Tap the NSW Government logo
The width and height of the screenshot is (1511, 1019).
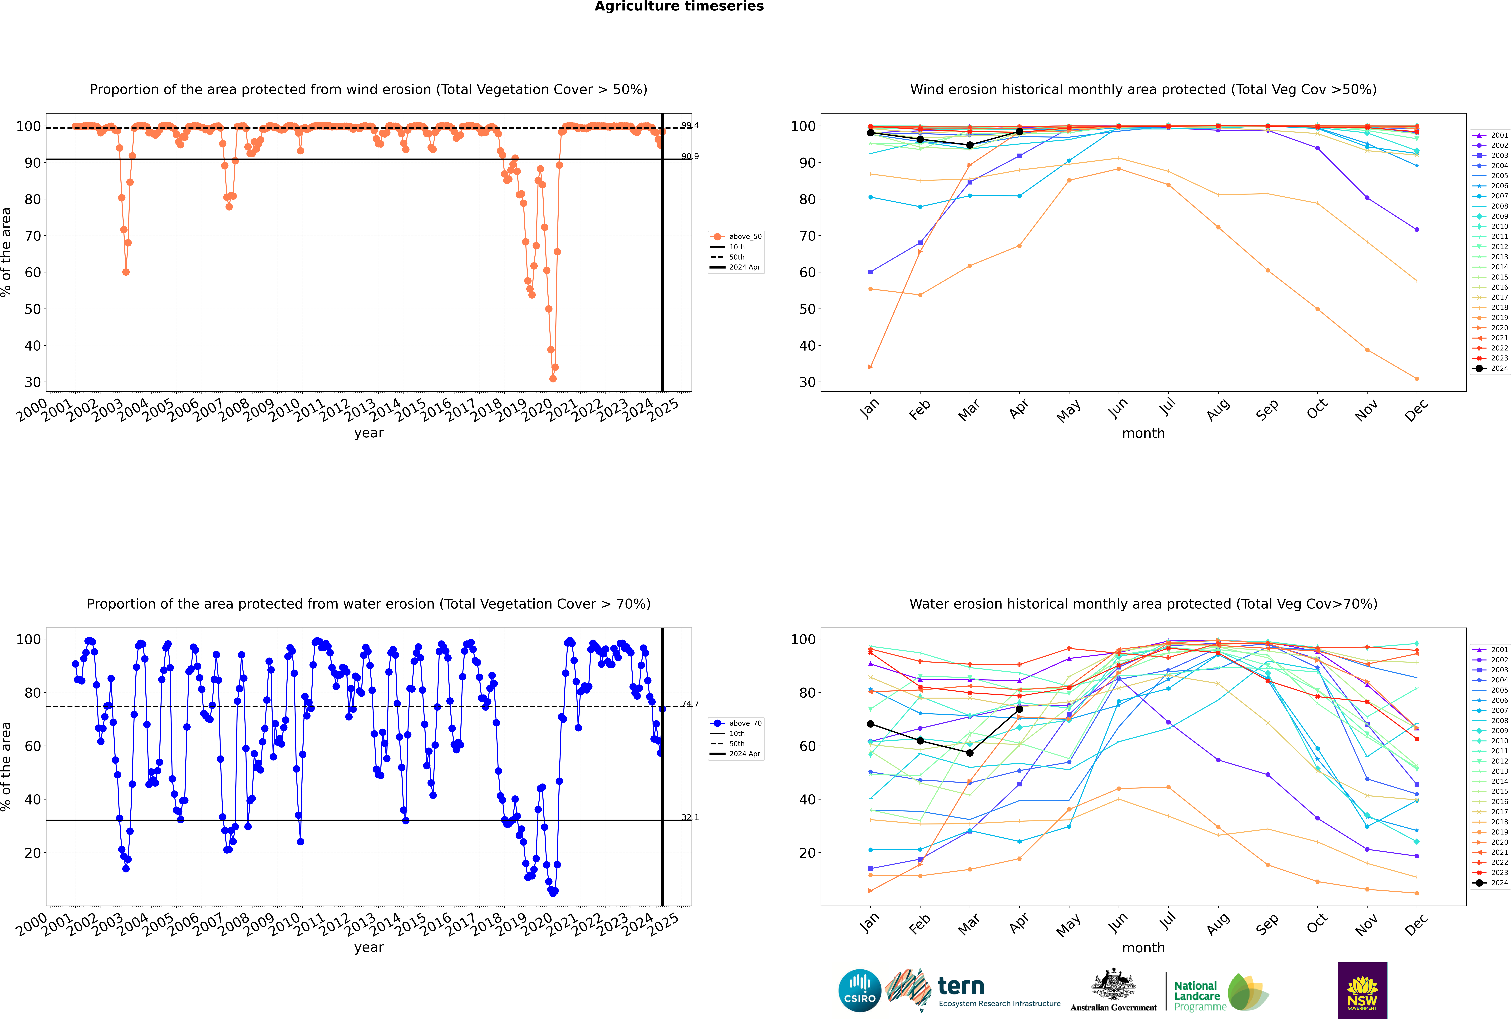pos(1362,990)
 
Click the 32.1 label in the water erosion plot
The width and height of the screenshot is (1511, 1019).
pos(690,818)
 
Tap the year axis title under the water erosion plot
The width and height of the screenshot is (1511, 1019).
pos(368,948)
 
